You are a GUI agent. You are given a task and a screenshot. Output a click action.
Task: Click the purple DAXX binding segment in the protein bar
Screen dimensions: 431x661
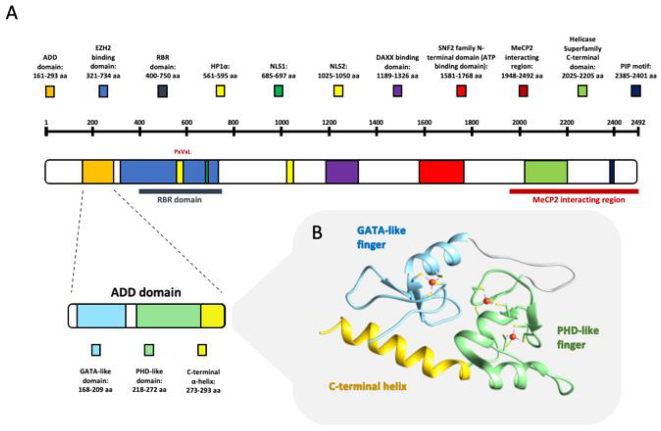coord(342,172)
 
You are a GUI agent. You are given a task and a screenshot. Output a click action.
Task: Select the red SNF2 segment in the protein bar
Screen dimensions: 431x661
coord(441,172)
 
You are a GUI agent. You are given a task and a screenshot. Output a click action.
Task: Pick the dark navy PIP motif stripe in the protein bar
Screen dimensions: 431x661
coord(612,172)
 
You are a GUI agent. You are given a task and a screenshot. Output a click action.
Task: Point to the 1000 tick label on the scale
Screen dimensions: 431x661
coord(282,122)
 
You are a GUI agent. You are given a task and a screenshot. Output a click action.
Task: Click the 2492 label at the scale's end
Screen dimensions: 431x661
coord(638,122)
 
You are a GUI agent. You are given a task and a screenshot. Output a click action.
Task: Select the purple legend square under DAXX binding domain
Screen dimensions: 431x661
coord(397,91)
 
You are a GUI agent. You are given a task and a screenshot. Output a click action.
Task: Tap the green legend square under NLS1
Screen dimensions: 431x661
coord(278,91)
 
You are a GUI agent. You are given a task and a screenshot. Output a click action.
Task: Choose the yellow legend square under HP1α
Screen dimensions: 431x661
coord(220,91)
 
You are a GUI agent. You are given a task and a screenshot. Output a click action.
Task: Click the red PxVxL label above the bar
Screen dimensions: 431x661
coord(183,152)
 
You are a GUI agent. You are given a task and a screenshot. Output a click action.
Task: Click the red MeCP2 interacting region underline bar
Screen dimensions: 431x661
coord(574,191)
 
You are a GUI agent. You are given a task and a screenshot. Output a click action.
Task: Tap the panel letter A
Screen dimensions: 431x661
coord(12,13)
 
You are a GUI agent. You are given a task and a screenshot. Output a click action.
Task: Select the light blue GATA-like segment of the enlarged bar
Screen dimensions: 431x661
coord(101,316)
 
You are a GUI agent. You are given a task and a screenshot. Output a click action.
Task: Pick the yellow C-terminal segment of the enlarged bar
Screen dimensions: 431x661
coord(213,316)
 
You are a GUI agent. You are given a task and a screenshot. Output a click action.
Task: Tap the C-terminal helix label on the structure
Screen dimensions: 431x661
coord(367,386)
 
